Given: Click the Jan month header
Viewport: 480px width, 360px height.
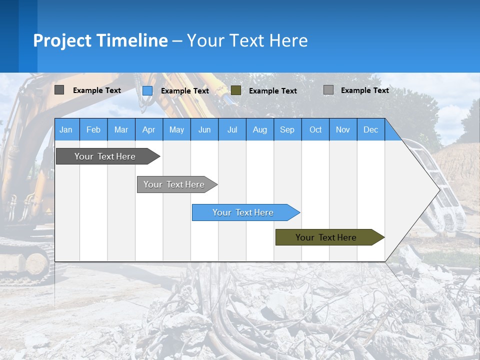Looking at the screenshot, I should click(x=66, y=129).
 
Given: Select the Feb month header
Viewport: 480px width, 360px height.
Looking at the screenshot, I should click(x=93, y=129).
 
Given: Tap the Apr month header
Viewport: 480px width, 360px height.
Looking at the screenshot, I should click(x=148, y=129).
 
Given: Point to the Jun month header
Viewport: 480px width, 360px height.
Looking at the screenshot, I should click(x=204, y=129).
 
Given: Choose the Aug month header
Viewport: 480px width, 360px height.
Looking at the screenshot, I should click(x=260, y=129).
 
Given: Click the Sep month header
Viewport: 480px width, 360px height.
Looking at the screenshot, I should click(x=287, y=129).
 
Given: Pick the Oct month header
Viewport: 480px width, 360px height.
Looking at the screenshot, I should click(x=315, y=129).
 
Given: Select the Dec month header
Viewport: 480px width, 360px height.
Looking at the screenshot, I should click(x=371, y=129).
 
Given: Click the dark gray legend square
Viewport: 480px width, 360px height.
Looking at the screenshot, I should click(x=59, y=90).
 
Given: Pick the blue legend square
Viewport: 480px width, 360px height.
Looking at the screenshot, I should click(x=147, y=90).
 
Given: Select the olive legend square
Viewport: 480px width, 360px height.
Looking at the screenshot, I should click(x=236, y=90).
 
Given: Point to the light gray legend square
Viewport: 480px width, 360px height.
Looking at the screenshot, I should click(x=328, y=90).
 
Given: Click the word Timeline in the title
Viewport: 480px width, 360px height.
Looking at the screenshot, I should click(x=132, y=40).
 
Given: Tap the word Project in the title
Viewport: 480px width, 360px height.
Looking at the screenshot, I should click(x=62, y=40).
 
